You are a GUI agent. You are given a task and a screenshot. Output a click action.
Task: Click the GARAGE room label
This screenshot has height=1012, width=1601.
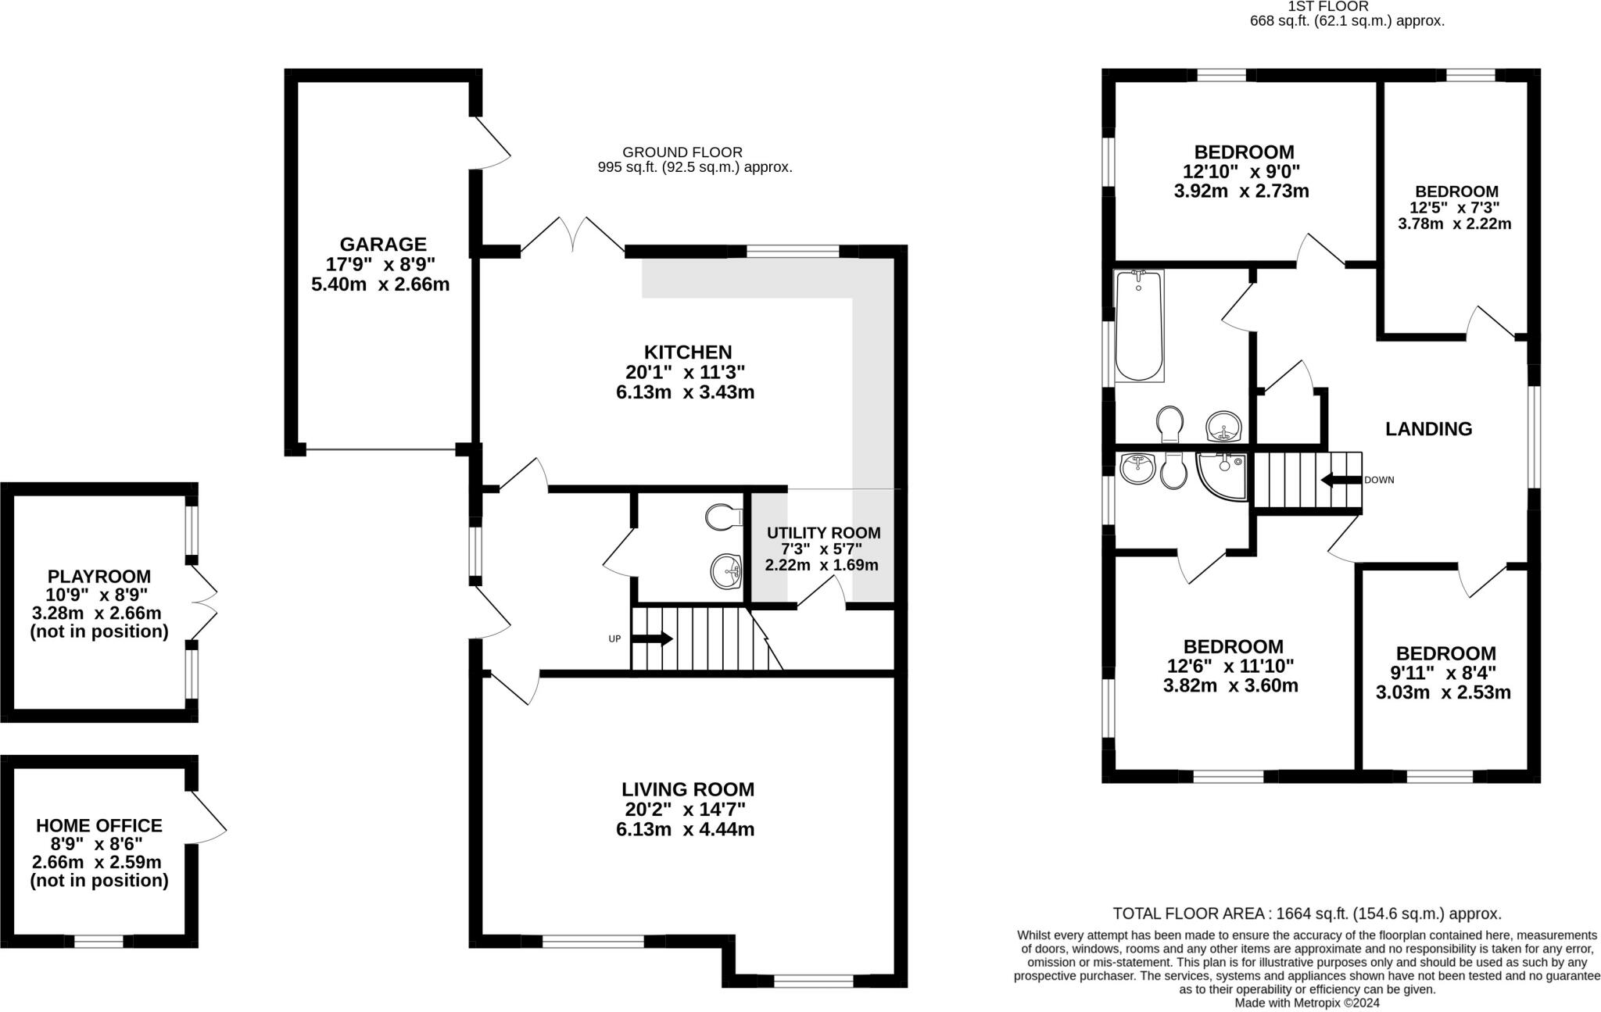click(x=382, y=244)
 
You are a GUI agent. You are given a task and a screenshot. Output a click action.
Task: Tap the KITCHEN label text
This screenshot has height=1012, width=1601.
click(x=687, y=352)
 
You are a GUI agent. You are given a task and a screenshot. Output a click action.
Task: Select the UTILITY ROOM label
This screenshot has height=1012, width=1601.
click(x=823, y=532)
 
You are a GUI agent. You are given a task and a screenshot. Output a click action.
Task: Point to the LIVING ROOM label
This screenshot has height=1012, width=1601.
click(x=688, y=789)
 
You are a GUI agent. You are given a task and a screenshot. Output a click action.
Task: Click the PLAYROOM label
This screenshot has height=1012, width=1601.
click(x=99, y=576)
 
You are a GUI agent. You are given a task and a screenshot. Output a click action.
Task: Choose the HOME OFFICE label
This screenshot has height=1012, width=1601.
click(x=99, y=825)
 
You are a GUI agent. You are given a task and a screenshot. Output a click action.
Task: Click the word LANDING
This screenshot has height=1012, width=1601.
click(x=1428, y=428)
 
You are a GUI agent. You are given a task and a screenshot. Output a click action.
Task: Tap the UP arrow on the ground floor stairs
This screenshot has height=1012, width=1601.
click(x=652, y=638)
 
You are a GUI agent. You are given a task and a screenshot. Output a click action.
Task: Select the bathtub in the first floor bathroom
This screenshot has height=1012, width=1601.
click(x=1138, y=326)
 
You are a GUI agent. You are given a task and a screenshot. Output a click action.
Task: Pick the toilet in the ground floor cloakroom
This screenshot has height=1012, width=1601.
click(x=723, y=516)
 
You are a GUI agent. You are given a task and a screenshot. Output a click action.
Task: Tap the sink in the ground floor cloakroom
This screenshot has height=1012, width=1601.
click(x=726, y=570)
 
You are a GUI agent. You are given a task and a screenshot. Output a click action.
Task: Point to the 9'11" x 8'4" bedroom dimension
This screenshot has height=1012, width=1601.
click(x=1445, y=672)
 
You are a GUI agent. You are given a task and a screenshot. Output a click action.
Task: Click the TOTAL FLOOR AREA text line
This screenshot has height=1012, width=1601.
click(x=1306, y=913)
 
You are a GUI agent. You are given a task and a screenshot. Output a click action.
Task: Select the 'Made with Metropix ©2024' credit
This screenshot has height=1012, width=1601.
click(x=1306, y=1002)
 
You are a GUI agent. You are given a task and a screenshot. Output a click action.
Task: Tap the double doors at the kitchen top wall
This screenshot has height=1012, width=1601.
click(x=573, y=235)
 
